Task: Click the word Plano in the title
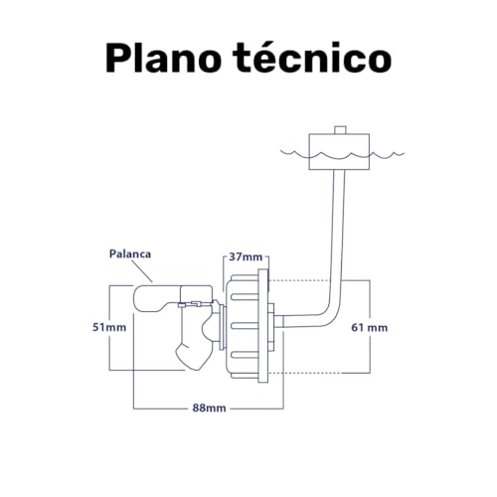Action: (x=163, y=58)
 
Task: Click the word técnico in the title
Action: (x=312, y=57)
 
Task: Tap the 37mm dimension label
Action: (x=246, y=256)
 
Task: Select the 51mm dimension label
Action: (x=109, y=327)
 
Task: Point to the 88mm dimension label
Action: (x=210, y=408)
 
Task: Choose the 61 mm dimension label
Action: (x=370, y=328)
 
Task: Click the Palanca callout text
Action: (x=130, y=254)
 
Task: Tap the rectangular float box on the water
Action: (x=339, y=152)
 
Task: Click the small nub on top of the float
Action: (x=340, y=130)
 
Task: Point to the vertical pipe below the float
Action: (x=337, y=232)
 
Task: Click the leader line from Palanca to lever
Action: (x=142, y=271)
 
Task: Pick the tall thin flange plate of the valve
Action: (x=263, y=326)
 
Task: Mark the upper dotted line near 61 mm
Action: (x=298, y=281)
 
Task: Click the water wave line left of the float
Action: (x=295, y=153)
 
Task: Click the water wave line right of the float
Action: (x=387, y=155)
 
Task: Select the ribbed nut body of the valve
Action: (x=242, y=326)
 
